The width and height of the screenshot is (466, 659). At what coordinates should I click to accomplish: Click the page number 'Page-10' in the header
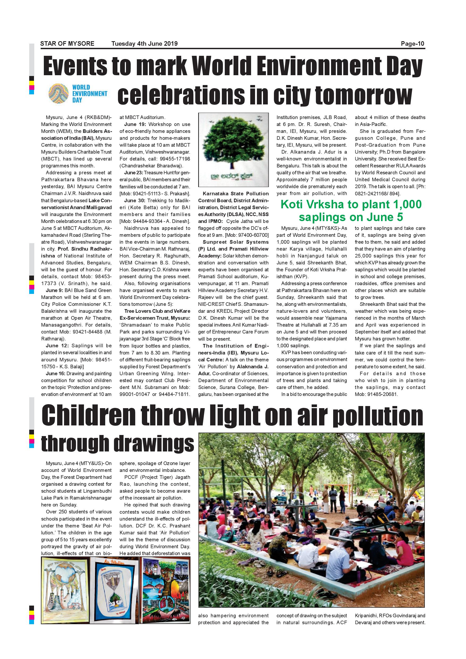pos(412,44)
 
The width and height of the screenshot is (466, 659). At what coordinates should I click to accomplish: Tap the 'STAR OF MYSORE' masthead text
pos(67,44)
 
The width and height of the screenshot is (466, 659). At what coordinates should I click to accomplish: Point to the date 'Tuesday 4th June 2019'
pos(144,44)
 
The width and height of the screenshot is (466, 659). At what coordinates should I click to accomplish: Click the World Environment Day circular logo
pos(58,94)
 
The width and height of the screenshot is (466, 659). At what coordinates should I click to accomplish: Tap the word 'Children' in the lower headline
pos(88,416)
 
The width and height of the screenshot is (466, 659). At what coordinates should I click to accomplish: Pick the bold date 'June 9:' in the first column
pos(54,290)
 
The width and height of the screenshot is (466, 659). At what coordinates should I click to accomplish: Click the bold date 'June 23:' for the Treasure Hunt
pos(133,173)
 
